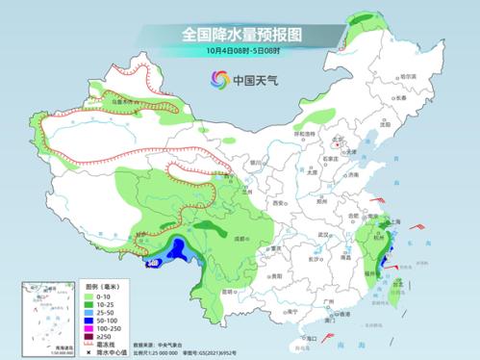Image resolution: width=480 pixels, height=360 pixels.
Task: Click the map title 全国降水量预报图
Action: [x=240, y=34]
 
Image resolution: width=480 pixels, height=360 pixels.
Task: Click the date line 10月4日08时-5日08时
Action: [x=240, y=50]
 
